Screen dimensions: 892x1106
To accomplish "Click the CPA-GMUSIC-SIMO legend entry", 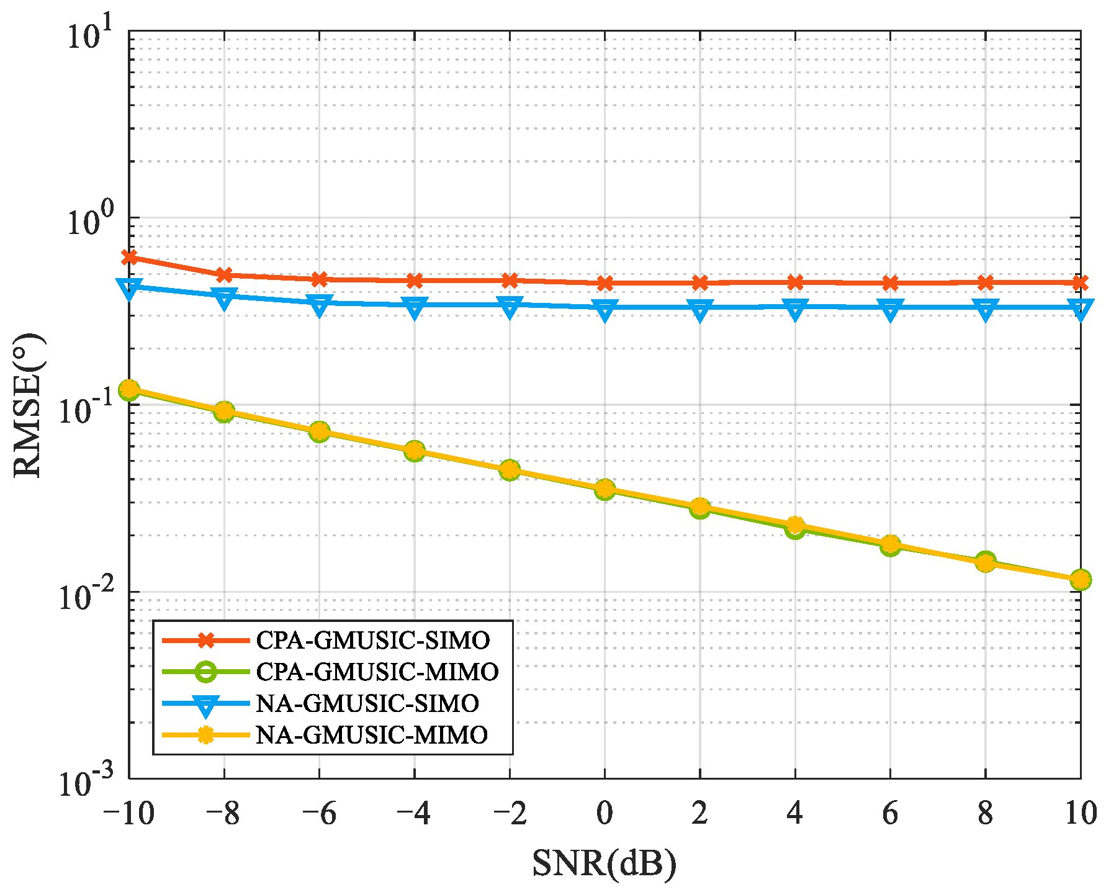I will coord(372,640).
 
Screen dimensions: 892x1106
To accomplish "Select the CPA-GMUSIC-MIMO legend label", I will coord(377,672).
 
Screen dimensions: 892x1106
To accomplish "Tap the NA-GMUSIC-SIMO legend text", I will coord(367,703).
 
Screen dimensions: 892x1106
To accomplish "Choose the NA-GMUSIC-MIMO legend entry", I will coord(372,735).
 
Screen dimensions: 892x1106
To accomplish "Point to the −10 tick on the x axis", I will coord(128,813).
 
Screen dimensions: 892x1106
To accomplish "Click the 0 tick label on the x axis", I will coord(605,813).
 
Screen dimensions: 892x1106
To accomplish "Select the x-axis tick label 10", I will coord(1080,813).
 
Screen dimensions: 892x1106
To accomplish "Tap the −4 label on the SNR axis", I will coord(414,813).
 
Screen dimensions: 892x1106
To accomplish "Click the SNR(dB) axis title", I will coord(604,863).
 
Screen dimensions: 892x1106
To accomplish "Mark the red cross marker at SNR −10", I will coord(129,257).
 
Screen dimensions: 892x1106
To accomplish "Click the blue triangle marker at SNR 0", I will coord(605,309).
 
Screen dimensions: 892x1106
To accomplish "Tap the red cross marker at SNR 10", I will coord(1080,283).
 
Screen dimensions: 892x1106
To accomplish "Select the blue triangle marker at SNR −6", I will coord(319,304).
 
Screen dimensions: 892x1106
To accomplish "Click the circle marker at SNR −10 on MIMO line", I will coord(129,390).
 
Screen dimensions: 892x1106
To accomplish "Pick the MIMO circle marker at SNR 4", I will coord(795,528).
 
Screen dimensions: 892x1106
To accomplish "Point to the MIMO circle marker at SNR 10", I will coord(1080,580).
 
